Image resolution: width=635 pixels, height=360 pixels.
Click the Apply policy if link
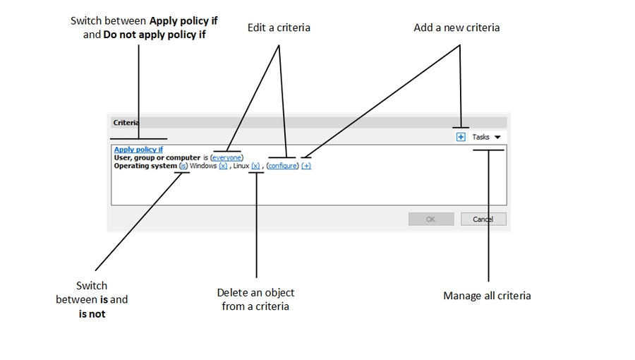click(138, 150)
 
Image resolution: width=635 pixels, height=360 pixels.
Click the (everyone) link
click(226, 158)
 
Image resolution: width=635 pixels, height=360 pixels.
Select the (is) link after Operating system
click(183, 166)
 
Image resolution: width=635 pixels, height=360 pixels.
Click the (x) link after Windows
click(223, 166)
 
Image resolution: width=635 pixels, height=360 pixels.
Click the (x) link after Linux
click(255, 166)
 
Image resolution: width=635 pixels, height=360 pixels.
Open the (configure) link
click(283, 166)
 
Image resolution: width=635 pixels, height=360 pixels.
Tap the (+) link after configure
click(306, 166)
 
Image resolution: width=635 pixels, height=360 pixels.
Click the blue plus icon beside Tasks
click(461, 137)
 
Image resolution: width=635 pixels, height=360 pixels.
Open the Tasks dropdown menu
click(486, 137)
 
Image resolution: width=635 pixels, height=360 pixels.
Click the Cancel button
click(483, 219)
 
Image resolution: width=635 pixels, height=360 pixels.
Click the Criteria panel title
click(125, 122)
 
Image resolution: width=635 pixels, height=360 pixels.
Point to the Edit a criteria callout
click(279, 28)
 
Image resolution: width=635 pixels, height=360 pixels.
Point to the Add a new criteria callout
click(456, 28)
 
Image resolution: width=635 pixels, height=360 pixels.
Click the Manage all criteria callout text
click(487, 296)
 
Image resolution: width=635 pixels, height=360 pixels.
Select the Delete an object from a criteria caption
click(255, 299)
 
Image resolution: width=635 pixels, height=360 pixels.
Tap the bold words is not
click(92, 313)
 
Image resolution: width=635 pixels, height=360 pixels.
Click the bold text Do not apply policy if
click(154, 34)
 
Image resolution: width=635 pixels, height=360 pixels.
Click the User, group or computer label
click(157, 158)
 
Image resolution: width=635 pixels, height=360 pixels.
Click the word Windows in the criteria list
click(203, 166)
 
